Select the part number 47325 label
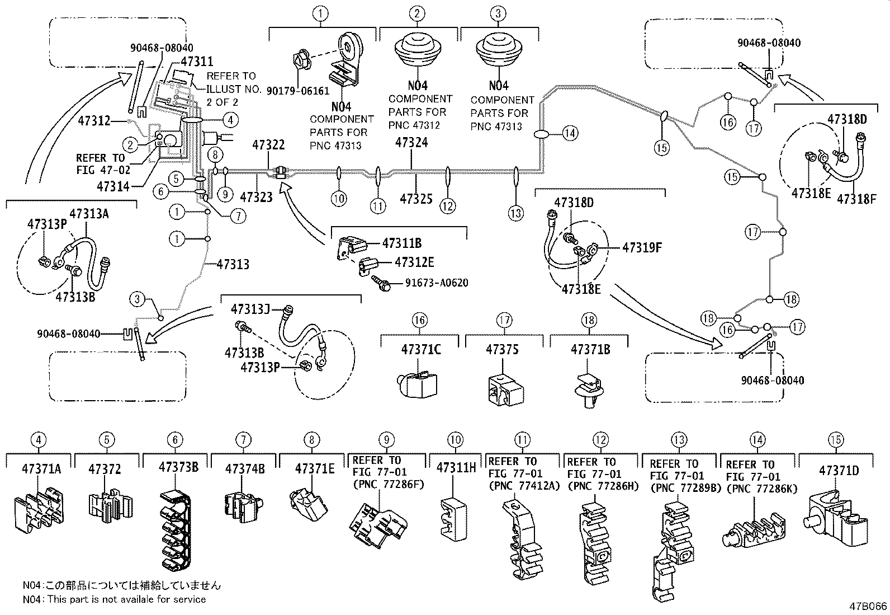(x=416, y=198)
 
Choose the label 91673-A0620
(x=437, y=283)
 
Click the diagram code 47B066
(x=868, y=606)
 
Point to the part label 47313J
(x=250, y=309)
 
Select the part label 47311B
(x=401, y=243)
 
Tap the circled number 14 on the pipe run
(x=571, y=133)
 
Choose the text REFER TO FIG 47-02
(x=100, y=164)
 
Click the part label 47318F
(x=856, y=198)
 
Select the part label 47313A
(x=89, y=213)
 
